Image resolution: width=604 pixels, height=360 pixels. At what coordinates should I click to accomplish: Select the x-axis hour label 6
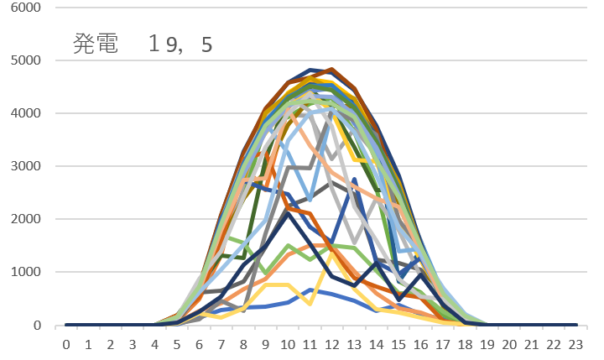coord(199,343)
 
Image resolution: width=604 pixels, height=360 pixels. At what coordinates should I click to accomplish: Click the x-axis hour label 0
coord(65,343)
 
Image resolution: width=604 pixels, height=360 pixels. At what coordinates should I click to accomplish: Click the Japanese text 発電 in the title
coord(95,44)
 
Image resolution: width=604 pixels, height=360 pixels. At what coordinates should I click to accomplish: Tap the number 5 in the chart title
coord(206,44)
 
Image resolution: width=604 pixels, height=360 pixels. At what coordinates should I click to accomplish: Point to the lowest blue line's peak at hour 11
coord(310,290)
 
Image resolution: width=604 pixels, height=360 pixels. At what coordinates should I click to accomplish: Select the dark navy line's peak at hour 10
coord(288,213)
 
